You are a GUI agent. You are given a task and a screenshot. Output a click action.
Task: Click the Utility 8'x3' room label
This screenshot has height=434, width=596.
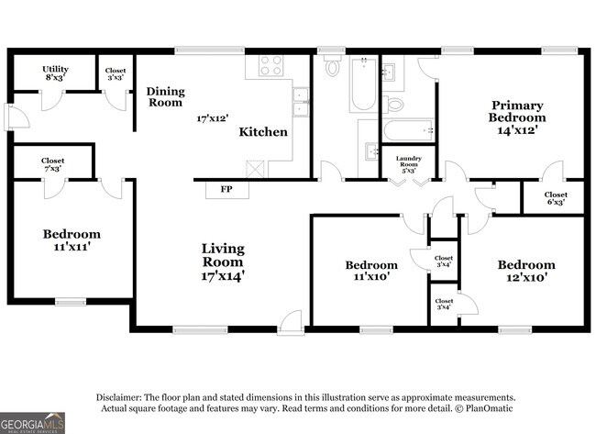[x=57, y=73]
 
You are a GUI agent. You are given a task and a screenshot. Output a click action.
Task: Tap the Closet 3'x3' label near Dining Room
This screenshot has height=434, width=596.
[x=116, y=73]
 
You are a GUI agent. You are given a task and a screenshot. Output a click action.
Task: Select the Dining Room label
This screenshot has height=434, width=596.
[x=166, y=96]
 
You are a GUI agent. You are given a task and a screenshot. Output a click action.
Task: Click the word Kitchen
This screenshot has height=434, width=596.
[x=263, y=132]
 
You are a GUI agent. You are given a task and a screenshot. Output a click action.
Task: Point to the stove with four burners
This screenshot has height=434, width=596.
[x=270, y=65]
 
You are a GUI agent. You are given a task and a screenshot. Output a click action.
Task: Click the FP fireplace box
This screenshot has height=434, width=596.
[x=226, y=189]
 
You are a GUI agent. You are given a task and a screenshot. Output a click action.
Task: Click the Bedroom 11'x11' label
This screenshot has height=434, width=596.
[x=72, y=240]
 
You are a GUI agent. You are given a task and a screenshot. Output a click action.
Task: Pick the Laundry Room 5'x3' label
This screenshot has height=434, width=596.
[x=409, y=163]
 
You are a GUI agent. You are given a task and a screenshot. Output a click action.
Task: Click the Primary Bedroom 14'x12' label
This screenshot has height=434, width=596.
[x=518, y=117]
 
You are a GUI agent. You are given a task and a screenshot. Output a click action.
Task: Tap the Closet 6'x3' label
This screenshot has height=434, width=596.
[x=556, y=198]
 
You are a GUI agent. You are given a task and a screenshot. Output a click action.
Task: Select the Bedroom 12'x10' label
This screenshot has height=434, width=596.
[x=526, y=271]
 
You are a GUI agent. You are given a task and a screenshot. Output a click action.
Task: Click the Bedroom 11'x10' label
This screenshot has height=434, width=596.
[x=371, y=271]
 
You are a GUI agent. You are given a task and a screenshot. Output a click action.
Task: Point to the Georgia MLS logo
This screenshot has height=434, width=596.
[x=32, y=422]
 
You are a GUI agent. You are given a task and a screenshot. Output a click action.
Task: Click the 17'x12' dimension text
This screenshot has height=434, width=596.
[x=212, y=118]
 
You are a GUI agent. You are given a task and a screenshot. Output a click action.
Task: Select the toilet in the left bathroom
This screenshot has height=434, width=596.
[x=332, y=67]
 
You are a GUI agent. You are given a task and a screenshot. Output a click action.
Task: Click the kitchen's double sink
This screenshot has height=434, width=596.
[x=300, y=101]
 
